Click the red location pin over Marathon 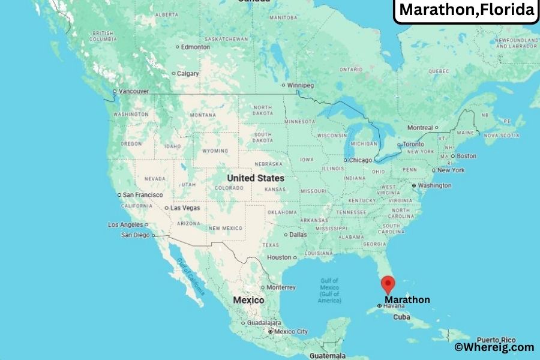[x=388, y=284]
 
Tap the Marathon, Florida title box [x=466, y=10]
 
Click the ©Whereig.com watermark [x=493, y=347]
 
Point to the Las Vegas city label [x=185, y=208]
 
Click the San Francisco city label [x=142, y=195]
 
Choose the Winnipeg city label [x=301, y=85]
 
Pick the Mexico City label [x=291, y=331]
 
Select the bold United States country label [x=256, y=178]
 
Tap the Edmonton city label [x=196, y=47]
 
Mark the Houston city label [x=279, y=257]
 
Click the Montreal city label [x=420, y=128]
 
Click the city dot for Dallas [x=286, y=235]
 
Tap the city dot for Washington [x=414, y=185]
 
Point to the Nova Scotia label [x=501, y=136]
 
